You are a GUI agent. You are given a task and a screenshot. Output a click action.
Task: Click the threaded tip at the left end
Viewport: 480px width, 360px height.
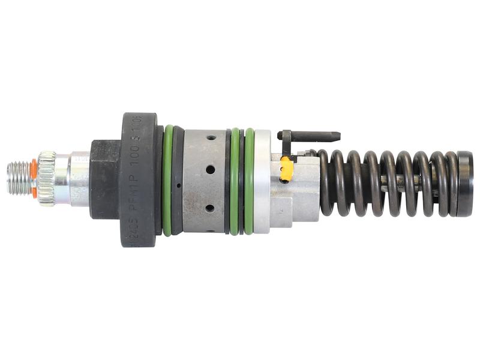pos(19,178)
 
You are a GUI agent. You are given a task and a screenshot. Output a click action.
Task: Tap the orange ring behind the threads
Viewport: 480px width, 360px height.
pos(34,178)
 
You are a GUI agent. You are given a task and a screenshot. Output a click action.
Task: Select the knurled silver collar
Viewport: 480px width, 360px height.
pos(46,178)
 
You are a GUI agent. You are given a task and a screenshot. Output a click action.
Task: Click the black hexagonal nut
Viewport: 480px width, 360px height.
pos(104,179)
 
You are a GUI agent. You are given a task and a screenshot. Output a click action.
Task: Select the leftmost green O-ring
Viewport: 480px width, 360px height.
pos(167,180)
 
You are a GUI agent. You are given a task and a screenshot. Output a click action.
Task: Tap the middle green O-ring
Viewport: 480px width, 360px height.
pos(234,180)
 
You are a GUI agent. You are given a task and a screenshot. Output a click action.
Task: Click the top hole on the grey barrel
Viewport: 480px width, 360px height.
pos(211,137)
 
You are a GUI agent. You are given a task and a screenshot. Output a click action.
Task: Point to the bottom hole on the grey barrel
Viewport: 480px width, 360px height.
pos(210,208)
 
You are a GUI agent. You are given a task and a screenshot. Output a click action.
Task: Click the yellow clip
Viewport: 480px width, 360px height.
pos(287,169)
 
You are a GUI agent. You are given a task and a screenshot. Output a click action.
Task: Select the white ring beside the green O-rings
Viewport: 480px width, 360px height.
pos(262,181)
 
